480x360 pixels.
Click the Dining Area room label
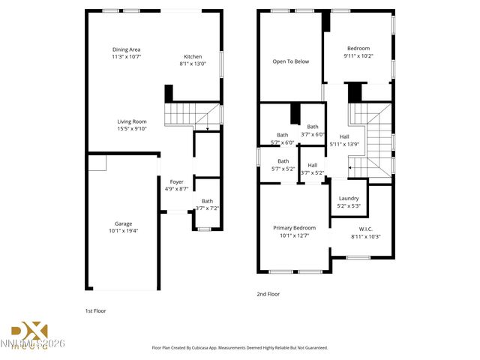coord(126,49)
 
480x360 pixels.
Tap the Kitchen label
coord(193,56)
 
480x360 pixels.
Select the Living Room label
coord(131,121)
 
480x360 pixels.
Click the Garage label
coord(123,223)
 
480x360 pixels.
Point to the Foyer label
coord(176,182)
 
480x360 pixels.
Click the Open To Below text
coord(290,61)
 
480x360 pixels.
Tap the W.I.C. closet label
coord(366,229)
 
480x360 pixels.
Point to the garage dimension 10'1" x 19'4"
coord(123,231)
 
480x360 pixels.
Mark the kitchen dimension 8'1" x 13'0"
coord(193,64)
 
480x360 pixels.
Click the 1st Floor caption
coord(95,310)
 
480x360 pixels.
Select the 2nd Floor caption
coord(268,294)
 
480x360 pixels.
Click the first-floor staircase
coord(180,115)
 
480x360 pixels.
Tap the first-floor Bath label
coord(206,200)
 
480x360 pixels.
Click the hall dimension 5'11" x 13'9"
coord(344,144)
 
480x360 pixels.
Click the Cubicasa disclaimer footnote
coord(239,348)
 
